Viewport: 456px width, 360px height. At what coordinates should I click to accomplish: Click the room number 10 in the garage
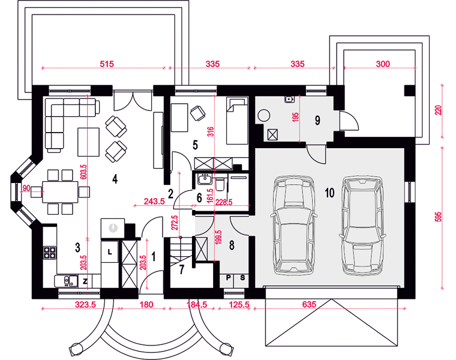pos(329,193)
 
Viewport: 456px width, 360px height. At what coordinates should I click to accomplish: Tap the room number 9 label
pos(317,120)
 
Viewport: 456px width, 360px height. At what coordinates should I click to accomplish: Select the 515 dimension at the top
pos(107,64)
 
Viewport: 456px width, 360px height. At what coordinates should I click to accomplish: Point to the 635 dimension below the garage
pos(309,304)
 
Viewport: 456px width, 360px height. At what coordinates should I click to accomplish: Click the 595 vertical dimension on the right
pos(439,217)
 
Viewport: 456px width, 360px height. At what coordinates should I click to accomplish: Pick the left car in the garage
pos(294,225)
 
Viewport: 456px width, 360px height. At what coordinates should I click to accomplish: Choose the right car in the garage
pos(362,226)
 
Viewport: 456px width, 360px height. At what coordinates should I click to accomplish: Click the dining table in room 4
pos(60,192)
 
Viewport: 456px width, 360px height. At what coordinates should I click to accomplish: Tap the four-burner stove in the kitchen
pos(49,253)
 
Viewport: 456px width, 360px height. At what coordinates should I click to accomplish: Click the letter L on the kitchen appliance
pos(110,252)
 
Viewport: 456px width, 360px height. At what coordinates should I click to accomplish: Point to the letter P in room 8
pos(228,277)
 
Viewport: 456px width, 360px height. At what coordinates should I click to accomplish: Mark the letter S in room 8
pos(242,277)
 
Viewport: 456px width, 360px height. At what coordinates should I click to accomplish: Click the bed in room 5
pos(237,121)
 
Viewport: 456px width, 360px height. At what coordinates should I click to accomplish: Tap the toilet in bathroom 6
pos(220,183)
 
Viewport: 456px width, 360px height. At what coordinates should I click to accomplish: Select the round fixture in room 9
pos(265,115)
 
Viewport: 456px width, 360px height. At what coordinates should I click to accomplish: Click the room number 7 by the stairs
pos(182,270)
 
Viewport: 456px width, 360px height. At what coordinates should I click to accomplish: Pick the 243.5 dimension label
pos(154,201)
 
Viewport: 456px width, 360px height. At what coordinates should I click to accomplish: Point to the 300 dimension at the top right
pos(383,64)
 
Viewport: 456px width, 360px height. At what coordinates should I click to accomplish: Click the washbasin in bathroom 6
pos(205,179)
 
